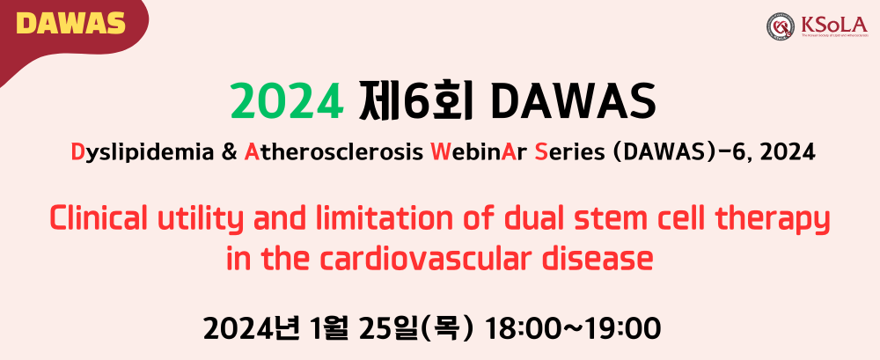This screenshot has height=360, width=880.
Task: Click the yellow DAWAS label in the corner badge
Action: click(70, 24)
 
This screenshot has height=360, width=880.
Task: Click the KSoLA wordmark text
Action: click(834, 24)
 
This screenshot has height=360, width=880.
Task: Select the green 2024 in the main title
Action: click(287, 102)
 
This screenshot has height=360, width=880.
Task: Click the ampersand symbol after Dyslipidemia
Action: click(229, 152)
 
